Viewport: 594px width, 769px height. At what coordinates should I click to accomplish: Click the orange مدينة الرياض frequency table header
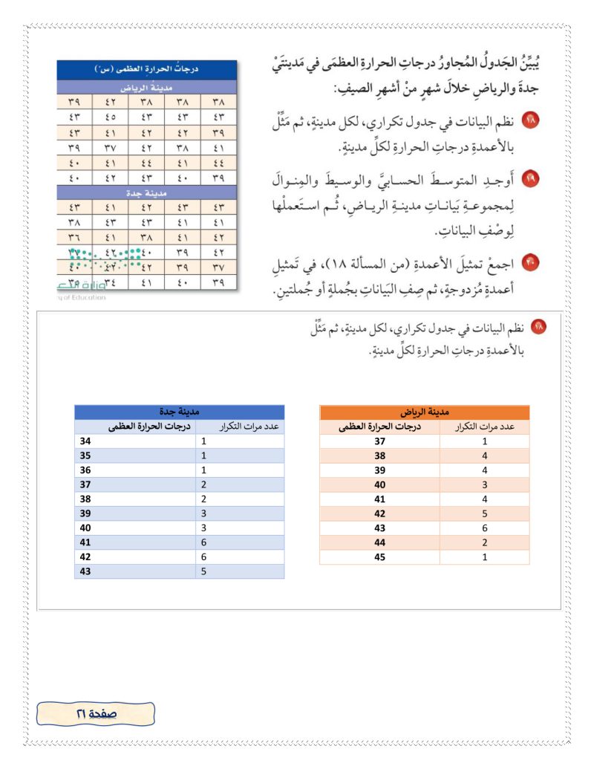tap(424, 412)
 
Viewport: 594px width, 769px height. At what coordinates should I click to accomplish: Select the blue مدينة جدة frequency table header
tap(180, 412)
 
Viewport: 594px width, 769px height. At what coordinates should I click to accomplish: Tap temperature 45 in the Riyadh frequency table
tap(379, 557)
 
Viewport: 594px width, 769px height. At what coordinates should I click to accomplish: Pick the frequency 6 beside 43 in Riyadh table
tap(484, 528)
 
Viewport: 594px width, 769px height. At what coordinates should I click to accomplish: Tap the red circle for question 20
tap(532, 262)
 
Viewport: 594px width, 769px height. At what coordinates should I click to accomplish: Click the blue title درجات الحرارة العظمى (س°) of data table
tap(147, 70)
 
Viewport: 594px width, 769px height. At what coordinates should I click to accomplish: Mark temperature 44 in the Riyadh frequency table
tap(379, 542)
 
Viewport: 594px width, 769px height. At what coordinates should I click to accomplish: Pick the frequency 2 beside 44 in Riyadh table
tap(484, 542)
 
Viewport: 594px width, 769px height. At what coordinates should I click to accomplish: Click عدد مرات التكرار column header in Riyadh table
tap(484, 426)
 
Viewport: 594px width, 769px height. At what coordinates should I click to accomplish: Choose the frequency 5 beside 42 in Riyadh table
tap(484, 513)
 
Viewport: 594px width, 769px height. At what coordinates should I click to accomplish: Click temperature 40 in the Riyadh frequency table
tap(379, 484)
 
